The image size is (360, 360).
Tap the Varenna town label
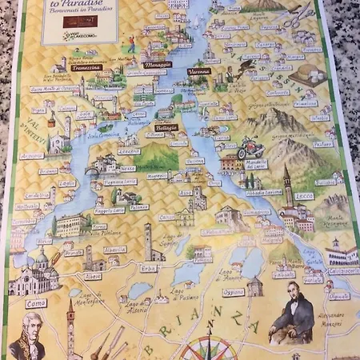pyautogui.click(x=199, y=71)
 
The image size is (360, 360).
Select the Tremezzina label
pyautogui.click(x=85, y=68)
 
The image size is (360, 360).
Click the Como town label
pyautogui.click(x=34, y=303)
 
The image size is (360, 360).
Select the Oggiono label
pyautogui.click(x=234, y=291)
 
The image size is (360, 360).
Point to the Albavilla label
pyautogui.click(x=114, y=250)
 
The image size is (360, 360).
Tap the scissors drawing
pyautogui.click(x=299, y=14)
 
